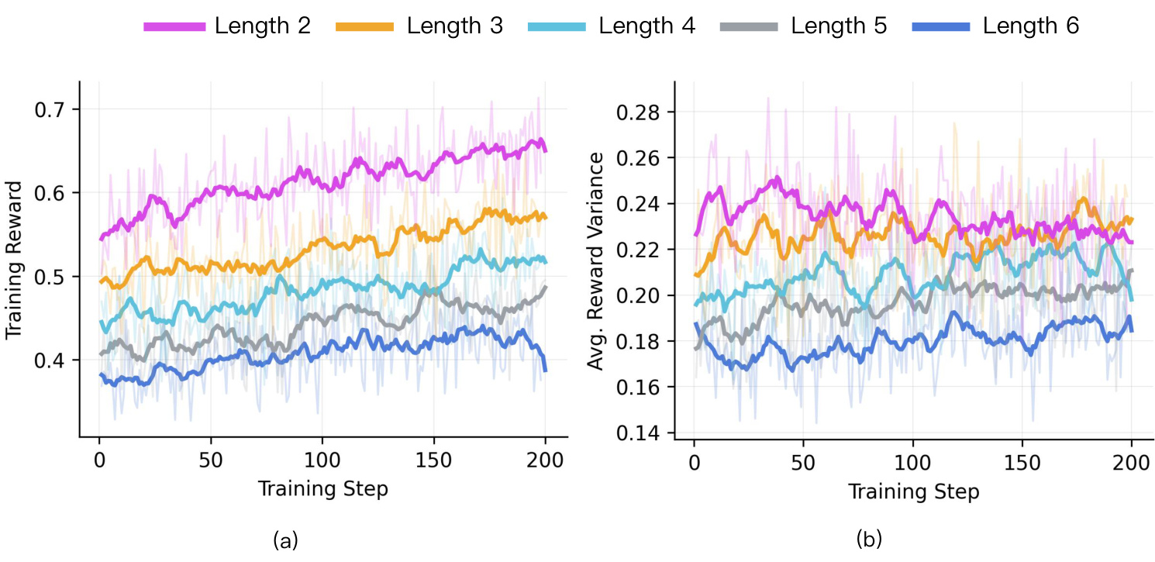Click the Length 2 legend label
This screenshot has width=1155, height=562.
pos(263,26)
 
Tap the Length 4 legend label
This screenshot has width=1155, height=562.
pos(647,26)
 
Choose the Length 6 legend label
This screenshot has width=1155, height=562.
pos(1031,26)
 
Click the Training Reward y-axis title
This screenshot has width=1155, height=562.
pos(14,260)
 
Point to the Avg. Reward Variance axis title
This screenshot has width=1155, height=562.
pos(595,261)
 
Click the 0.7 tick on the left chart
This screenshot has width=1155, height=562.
pos(50,110)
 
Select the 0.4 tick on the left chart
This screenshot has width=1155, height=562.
pos(50,360)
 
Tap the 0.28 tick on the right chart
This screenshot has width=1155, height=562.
pos(638,112)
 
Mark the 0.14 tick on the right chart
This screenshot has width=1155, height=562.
pos(638,433)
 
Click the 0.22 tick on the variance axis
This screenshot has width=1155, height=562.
pos(638,250)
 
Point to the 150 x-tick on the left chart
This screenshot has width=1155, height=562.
pos(433,460)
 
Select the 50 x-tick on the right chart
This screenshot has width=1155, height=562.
pos(803,463)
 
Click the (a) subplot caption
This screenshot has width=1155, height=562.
pos(286,540)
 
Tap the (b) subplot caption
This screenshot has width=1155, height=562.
pos(869,540)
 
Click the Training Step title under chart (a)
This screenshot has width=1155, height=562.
pos(322,489)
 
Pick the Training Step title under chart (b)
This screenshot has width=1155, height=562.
pos(914,491)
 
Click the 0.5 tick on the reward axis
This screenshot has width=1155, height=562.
pos(50,277)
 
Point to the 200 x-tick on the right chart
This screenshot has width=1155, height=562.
pos(1131,463)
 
